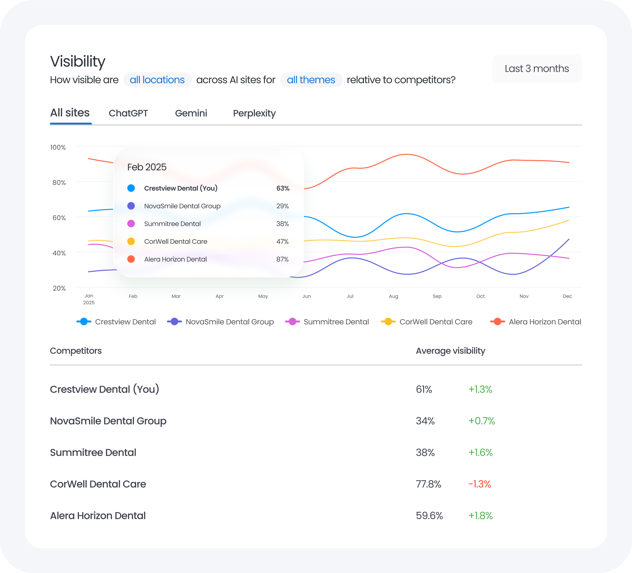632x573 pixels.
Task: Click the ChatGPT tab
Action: [x=128, y=113]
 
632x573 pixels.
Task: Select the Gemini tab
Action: [x=191, y=113]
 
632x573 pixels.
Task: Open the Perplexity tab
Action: [x=254, y=113]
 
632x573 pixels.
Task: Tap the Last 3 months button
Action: [x=537, y=69]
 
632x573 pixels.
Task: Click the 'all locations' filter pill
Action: [x=157, y=80]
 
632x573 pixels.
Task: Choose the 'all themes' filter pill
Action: [x=311, y=80]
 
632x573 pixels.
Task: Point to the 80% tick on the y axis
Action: [x=59, y=182]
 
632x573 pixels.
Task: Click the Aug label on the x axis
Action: [x=393, y=296]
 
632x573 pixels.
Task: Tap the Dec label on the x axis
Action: [x=567, y=296]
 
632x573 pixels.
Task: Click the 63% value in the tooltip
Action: [x=282, y=188]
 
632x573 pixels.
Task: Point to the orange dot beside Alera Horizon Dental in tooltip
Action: [x=131, y=259]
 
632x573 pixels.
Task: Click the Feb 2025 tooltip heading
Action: [x=147, y=167]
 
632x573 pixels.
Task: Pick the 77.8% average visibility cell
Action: [x=428, y=484]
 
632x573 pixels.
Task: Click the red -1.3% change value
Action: [x=479, y=484]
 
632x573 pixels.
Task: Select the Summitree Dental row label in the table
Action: [x=93, y=452]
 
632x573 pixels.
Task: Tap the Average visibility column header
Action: [x=450, y=351]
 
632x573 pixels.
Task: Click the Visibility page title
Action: [x=78, y=61]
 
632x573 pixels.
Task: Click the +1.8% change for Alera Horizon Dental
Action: [x=480, y=516]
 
